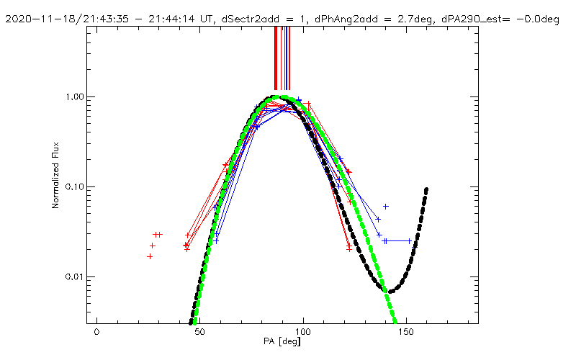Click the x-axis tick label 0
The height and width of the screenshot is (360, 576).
[96, 332]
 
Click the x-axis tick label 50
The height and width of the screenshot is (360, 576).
[200, 332]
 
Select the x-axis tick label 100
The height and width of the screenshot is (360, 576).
[303, 332]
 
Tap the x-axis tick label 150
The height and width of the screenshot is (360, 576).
[407, 332]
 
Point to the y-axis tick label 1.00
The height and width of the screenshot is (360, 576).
[75, 97]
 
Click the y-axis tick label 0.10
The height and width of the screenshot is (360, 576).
[75, 187]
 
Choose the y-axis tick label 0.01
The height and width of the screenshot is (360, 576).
[75, 277]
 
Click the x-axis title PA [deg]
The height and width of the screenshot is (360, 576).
[282, 341]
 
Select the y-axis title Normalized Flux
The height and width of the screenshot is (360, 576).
[55, 175]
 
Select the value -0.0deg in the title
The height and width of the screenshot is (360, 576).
[538, 19]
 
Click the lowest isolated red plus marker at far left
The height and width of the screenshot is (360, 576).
[150, 256]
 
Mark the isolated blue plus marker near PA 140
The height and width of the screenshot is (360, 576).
[386, 207]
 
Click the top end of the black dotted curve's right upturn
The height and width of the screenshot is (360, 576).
[426, 189]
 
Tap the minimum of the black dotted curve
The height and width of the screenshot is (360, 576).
[390, 292]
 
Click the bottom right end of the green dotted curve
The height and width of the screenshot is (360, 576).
[395, 322]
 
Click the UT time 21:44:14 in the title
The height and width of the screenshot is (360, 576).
[171, 19]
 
